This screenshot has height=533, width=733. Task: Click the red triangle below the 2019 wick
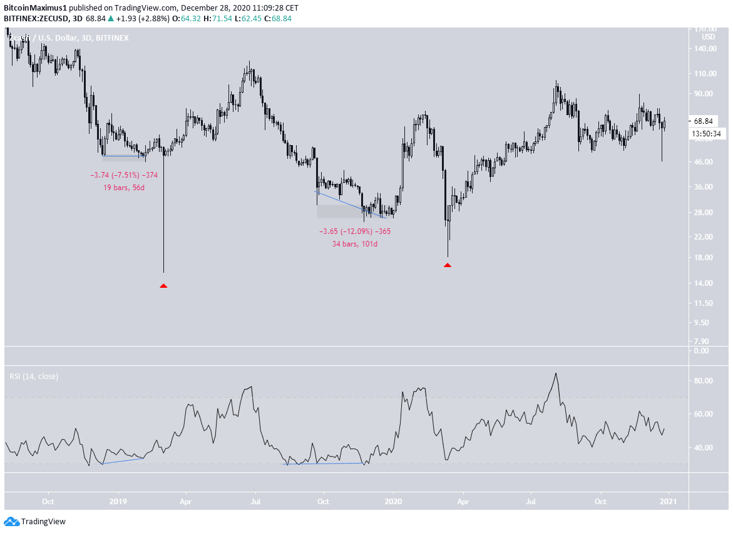[163, 286]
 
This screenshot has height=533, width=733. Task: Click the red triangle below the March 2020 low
[448, 265]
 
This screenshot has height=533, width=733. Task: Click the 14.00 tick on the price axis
[705, 283]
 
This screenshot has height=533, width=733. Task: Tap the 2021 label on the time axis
[669, 502]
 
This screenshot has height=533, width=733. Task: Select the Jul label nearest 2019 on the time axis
[255, 502]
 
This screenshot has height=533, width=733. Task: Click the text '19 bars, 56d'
[125, 187]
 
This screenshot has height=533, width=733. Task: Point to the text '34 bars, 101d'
[355, 243]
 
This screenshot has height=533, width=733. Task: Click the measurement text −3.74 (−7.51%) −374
[124, 175]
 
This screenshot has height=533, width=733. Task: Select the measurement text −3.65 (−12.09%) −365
[355, 231]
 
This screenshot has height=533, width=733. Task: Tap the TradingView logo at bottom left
[35, 521]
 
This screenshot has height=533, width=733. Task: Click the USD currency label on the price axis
[709, 37]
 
